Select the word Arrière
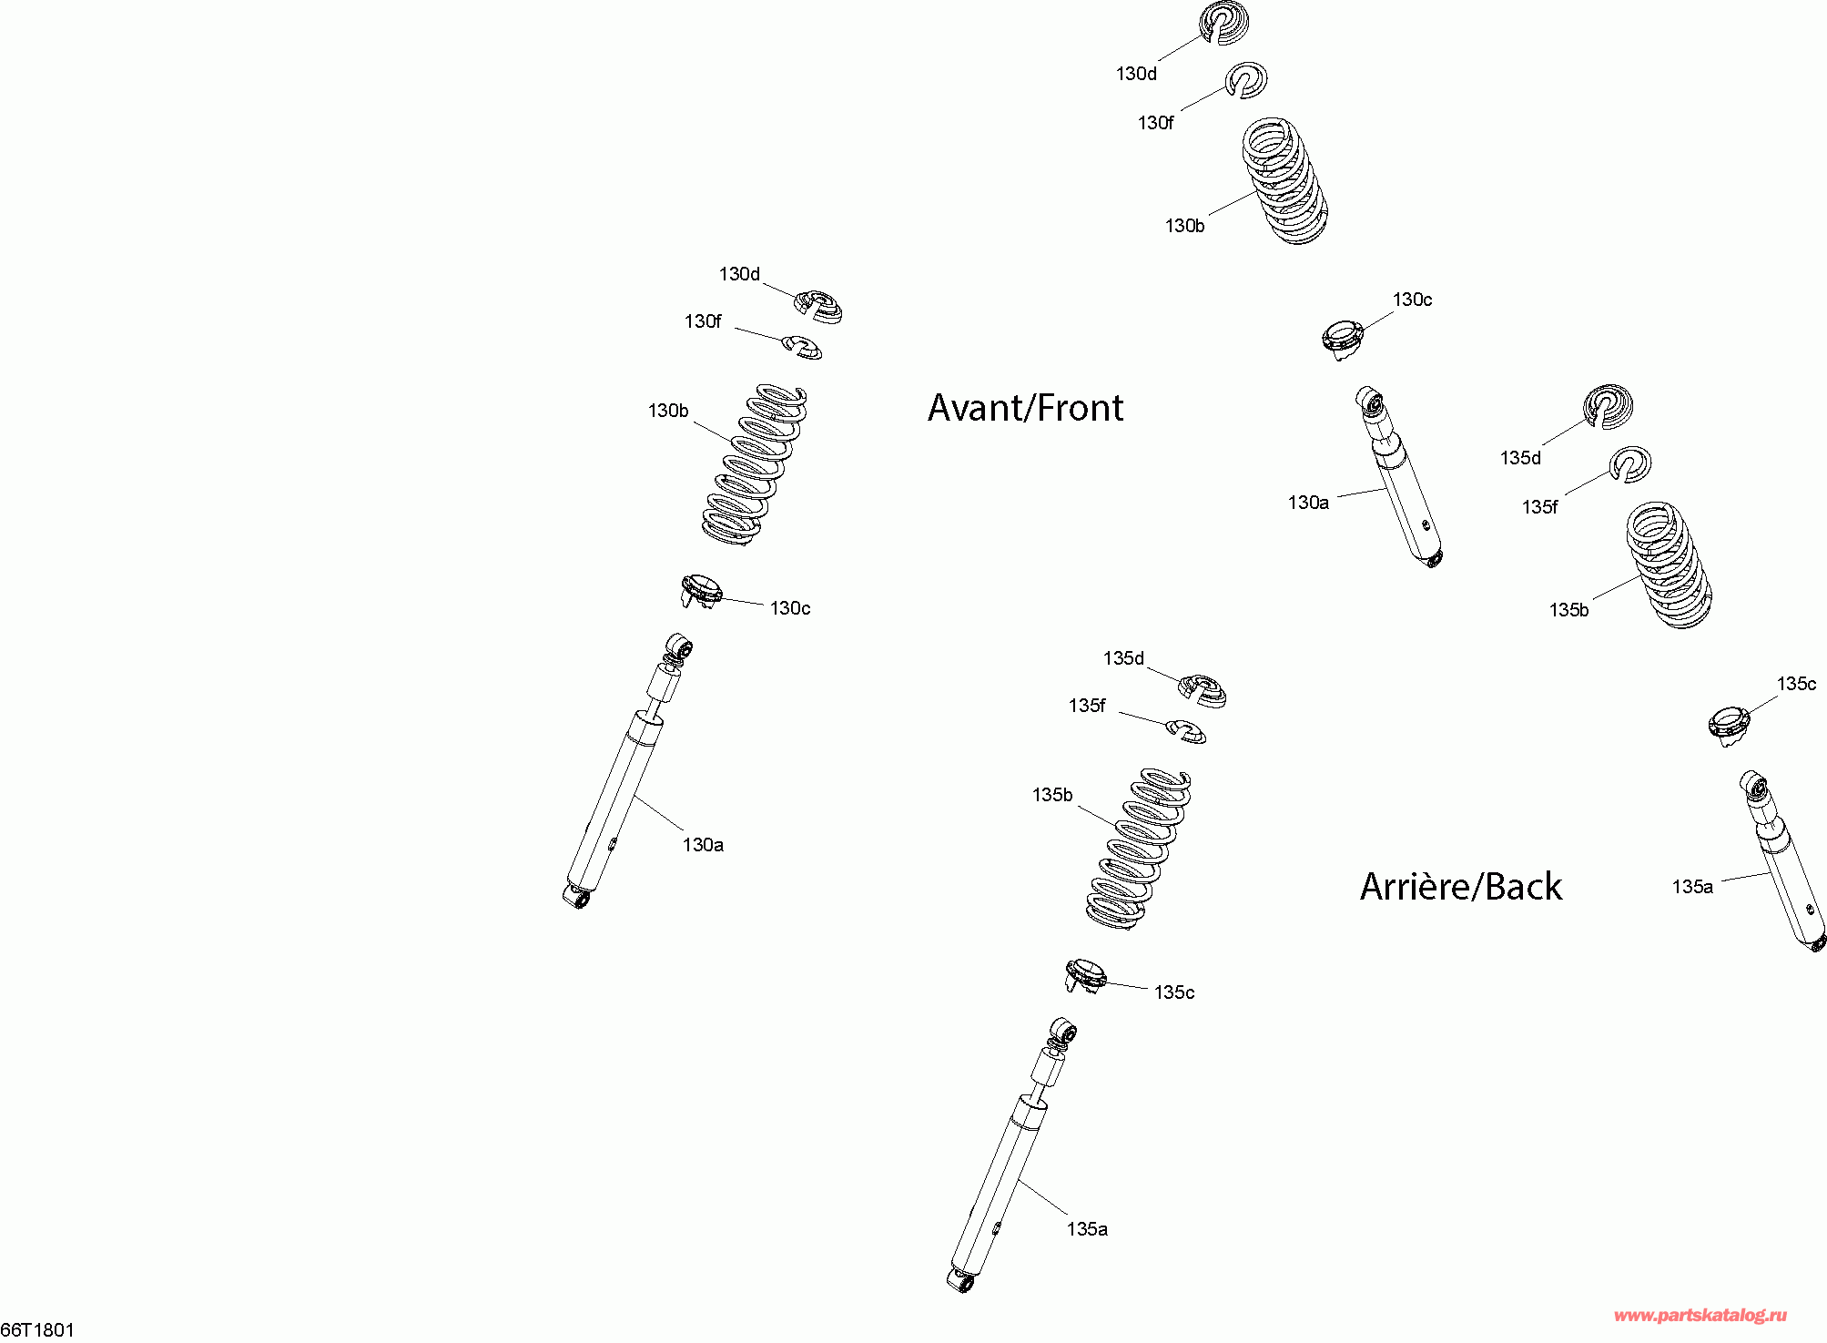[1416, 886]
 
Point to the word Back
[1524, 887]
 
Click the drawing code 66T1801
[37, 1330]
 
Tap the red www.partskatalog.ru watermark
[1700, 1315]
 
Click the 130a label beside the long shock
[703, 845]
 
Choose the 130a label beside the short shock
[1308, 503]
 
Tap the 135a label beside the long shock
[1087, 1229]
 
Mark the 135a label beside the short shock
[1692, 887]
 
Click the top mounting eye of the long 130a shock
[679, 646]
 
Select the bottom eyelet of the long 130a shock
[576, 898]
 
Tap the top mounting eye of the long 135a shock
[1063, 1030]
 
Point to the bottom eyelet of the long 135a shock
[960, 1281]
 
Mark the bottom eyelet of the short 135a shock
[1818, 943]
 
